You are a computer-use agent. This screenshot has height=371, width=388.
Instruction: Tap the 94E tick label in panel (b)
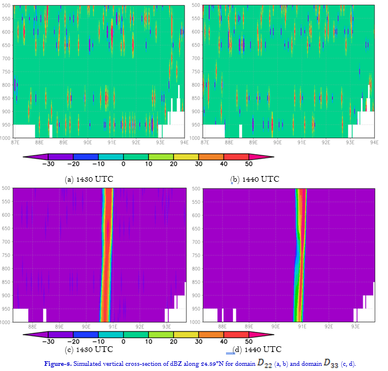[374, 142]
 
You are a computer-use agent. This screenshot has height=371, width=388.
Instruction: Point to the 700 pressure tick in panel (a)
[6, 58]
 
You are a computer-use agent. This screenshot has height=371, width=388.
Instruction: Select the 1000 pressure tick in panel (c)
[5, 322]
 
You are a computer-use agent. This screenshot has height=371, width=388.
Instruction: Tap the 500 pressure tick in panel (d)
[196, 188]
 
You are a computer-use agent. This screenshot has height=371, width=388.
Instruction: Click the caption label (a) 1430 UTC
[89, 179]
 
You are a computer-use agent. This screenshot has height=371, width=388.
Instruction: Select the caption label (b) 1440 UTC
[254, 179]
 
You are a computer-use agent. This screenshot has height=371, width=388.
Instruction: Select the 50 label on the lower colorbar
[248, 341]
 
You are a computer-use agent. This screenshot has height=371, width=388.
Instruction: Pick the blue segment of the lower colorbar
[86, 334]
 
